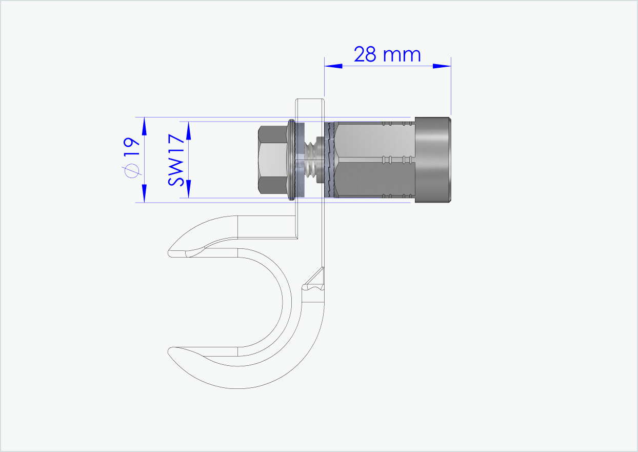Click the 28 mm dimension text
coord(387,54)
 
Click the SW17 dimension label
coord(176,160)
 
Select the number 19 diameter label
coord(132,148)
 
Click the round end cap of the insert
coord(433,160)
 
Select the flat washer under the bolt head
coord(291,160)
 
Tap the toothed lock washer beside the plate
coord(328,160)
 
